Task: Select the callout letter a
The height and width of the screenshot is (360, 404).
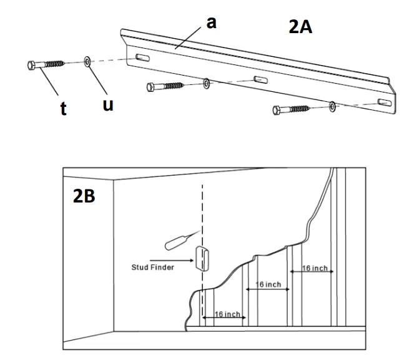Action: [x=212, y=23]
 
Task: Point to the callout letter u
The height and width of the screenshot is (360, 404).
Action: [x=107, y=105]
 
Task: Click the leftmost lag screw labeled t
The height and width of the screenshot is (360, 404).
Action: [x=47, y=64]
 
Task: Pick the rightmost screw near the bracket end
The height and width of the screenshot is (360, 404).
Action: [x=293, y=109]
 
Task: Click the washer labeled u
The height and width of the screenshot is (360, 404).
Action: [x=87, y=61]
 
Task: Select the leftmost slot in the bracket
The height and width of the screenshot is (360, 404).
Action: [x=142, y=59]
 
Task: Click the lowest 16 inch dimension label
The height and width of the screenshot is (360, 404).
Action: [x=224, y=314]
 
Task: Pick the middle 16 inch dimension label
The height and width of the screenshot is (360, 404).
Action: [x=268, y=285]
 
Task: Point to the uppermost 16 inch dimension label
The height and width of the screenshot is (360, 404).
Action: [x=315, y=268]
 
